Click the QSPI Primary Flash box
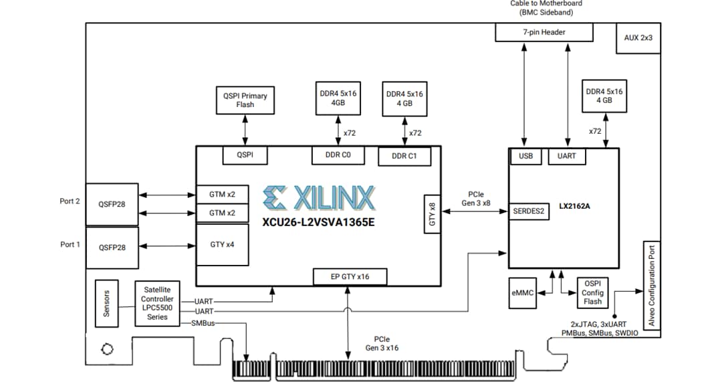coord(245,100)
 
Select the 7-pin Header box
coord(544,32)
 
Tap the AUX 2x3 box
coord(638,38)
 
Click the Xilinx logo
coord(320,198)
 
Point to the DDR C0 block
coord(338,155)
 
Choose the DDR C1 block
coord(404,157)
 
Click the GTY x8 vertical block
coord(432,215)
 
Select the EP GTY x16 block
coord(349,276)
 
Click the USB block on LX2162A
coord(525,157)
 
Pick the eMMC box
coord(521,293)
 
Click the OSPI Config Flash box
coord(592,293)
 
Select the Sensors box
coord(106,303)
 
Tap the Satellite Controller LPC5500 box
coord(157,304)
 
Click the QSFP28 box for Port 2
coord(112,205)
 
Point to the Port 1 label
coord(70,245)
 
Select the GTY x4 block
coord(222,245)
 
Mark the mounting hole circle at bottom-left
coord(106,349)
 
